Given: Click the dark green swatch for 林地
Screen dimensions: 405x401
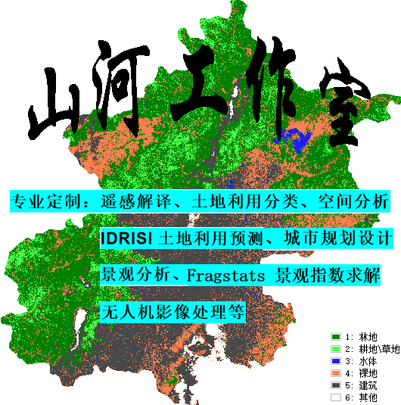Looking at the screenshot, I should pos(336,336).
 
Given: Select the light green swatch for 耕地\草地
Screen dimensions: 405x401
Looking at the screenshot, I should pos(336,348).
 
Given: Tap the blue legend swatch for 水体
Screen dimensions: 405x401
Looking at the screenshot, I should pos(336,360).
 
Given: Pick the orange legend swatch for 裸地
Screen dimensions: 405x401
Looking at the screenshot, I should pos(336,372).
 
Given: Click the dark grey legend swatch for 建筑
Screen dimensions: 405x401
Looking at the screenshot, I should pos(336,385).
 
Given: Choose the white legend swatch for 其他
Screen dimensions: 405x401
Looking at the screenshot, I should pos(336,397).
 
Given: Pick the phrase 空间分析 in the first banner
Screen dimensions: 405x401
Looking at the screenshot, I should pos(359,202).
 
